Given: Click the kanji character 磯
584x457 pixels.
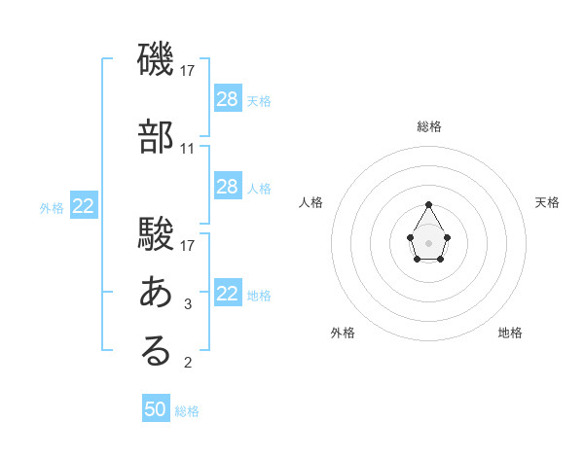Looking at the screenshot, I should coord(156,61).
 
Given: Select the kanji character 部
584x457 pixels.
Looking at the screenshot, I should coord(156,138).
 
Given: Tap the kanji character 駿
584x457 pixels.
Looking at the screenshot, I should coord(156,234).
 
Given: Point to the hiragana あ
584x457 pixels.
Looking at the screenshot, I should coord(156,291).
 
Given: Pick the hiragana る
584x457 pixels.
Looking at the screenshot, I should coord(156,351).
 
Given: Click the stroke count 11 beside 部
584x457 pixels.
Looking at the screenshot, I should coord(188,149).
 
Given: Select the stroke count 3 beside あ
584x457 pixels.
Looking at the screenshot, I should coord(188,303).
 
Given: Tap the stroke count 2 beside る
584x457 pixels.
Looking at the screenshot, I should coord(188,364).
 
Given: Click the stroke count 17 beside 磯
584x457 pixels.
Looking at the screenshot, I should coord(188,71).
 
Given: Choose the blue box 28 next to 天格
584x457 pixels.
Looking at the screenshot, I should coord(227,98).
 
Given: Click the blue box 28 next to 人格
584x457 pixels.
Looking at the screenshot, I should coord(227,187).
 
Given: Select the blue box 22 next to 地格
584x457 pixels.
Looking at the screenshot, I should coord(227,294).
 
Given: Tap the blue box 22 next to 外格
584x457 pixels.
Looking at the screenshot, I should coord(83,205).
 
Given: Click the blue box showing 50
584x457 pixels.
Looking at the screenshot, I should coord(156,409).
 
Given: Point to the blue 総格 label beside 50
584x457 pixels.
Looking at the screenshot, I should coord(187,411).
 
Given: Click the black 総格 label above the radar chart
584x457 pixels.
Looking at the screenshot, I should coord(429,126).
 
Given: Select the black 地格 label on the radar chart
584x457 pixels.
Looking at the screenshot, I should coord(510,333).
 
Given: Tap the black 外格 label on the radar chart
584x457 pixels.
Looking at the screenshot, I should coord(343,333).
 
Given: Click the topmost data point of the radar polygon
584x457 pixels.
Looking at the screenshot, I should coord(429,204).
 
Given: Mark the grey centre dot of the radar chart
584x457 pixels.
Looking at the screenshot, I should coord(429,241).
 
